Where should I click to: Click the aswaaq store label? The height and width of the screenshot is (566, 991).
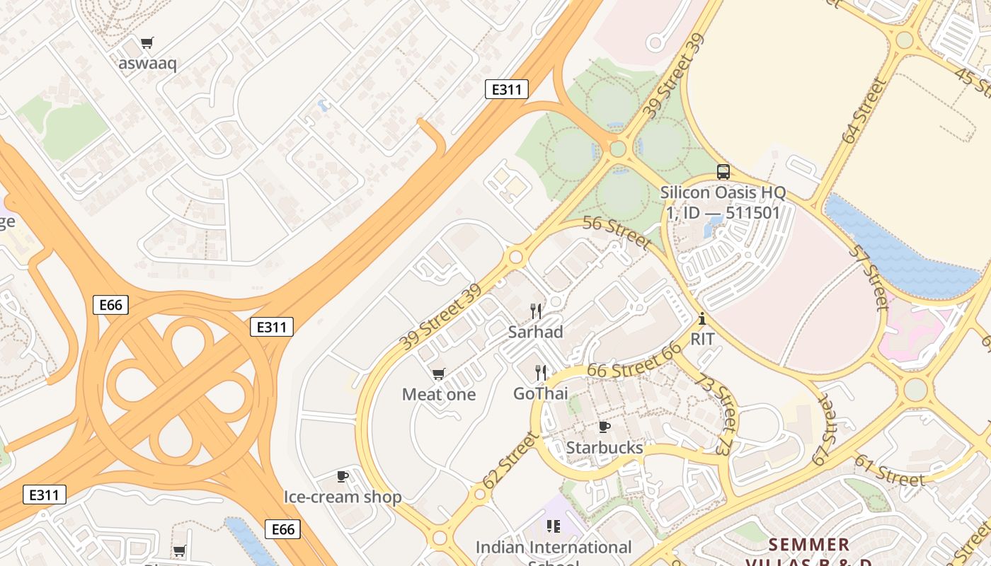pyautogui.click(x=147, y=63)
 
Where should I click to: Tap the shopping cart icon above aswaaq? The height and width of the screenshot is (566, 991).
pyautogui.click(x=147, y=43)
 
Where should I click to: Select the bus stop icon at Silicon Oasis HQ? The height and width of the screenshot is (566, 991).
pyautogui.click(x=723, y=172)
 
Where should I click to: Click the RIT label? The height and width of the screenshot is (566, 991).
pyautogui.click(x=702, y=339)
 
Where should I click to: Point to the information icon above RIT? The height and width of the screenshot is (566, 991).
pyautogui.click(x=701, y=318)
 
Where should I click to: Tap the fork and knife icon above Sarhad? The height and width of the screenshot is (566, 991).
pyautogui.click(x=536, y=311)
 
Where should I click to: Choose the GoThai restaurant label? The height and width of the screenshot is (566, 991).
pyautogui.click(x=541, y=393)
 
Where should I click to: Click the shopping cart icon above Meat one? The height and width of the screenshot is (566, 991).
pyautogui.click(x=439, y=374)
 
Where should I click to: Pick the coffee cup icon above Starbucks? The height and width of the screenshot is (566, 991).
pyautogui.click(x=604, y=427)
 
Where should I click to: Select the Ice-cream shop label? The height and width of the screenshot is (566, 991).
pyautogui.click(x=343, y=497)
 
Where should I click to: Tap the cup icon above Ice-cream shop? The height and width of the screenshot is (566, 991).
pyautogui.click(x=343, y=476)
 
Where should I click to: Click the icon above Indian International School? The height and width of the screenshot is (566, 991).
pyautogui.click(x=553, y=526)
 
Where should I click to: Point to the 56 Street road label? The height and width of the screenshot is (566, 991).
pyautogui.click(x=617, y=233)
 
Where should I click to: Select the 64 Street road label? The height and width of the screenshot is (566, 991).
pyautogui.click(x=864, y=110)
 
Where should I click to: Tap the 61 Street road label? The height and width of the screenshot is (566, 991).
pyautogui.click(x=889, y=470)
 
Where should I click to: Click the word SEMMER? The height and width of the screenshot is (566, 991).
pyautogui.click(x=808, y=545)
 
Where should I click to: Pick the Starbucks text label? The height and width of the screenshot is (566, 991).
pyautogui.click(x=605, y=448)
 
